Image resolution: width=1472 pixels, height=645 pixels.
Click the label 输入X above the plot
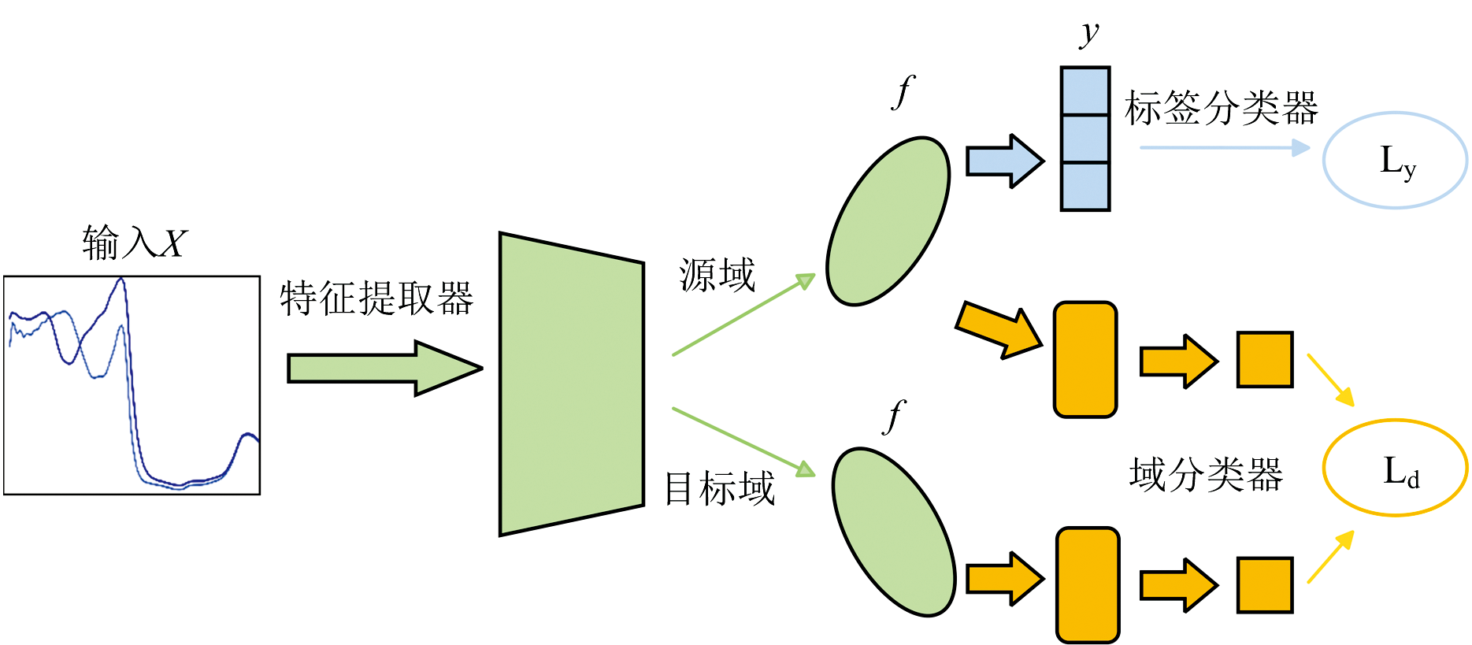135,242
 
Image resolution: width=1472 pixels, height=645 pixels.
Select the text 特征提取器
376,298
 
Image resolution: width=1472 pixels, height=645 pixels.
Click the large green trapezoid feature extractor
571,384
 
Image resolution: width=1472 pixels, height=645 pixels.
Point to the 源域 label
717,276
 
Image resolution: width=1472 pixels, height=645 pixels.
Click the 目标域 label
720,488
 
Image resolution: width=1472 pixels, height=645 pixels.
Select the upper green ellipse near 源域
888,221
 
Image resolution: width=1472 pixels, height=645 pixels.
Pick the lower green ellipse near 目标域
894,532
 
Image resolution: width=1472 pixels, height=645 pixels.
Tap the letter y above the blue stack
1089,33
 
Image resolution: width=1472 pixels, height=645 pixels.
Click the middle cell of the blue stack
1085,139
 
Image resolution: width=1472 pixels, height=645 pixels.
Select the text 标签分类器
1221,108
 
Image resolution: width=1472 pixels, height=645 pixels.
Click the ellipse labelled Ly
1395,161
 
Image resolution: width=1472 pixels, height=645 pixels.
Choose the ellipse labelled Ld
1395,469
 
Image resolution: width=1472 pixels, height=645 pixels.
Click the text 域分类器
1206,475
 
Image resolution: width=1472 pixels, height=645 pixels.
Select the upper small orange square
1265,360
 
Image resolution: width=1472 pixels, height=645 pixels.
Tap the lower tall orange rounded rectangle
1088,584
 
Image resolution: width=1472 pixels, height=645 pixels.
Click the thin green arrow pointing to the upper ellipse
743,315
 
